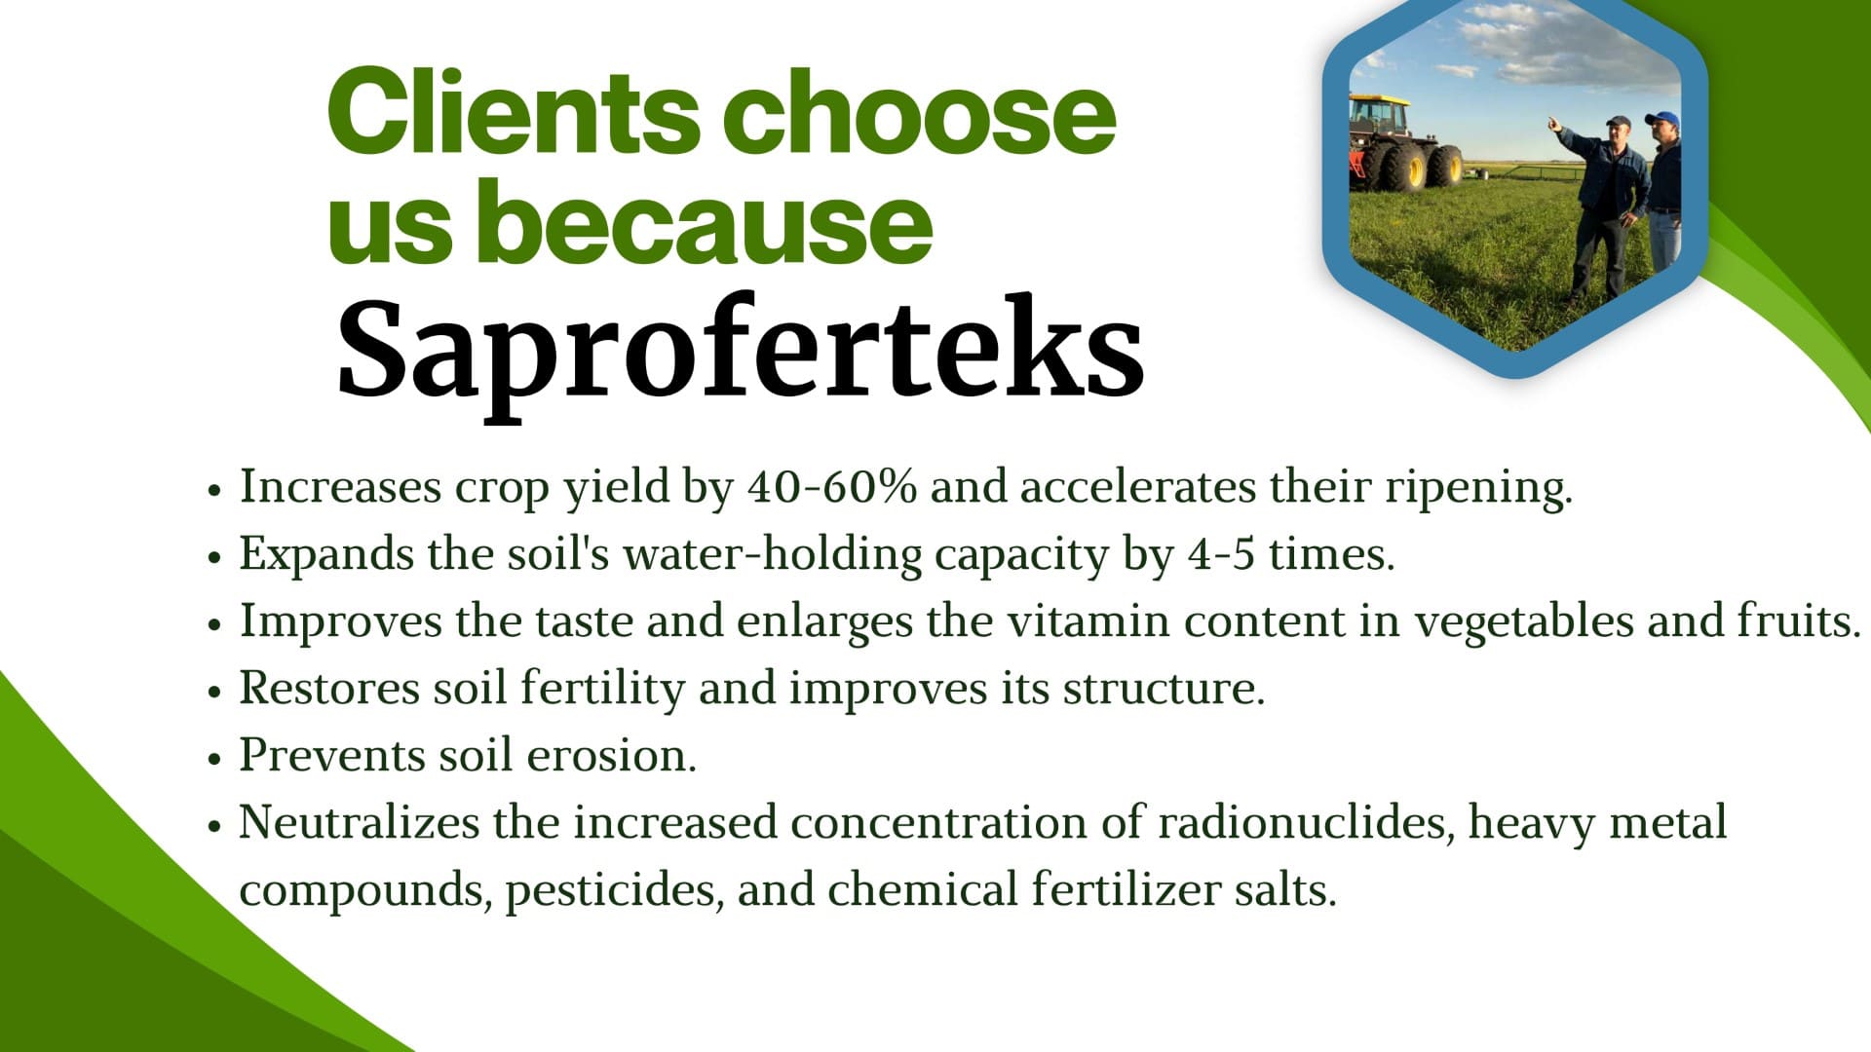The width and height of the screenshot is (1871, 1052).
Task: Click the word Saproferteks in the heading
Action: [x=741, y=352]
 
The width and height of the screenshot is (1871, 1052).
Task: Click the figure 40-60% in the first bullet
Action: [x=832, y=486]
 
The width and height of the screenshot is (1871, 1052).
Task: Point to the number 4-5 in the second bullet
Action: [x=1221, y=553]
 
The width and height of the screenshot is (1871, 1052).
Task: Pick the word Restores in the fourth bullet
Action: [x=329, y=688]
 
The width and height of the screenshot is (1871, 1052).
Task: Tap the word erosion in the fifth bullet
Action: [x=611, y=755]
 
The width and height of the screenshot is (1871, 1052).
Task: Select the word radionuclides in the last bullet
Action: [x=1306, y=823]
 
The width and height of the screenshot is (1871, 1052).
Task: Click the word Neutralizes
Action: [x=360, y=822]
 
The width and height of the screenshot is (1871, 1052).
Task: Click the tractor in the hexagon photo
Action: [x=1404, y=144]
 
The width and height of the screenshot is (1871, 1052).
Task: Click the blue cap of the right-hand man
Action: [x=1663, y=119]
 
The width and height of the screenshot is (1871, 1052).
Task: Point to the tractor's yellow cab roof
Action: [x=1379, y=98]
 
